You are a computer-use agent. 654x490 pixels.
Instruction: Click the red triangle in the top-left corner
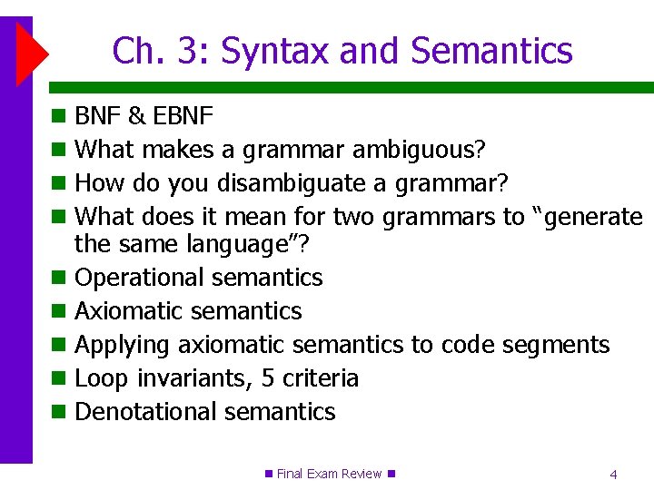pos(29,54)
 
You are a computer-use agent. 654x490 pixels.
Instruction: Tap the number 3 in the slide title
pos(187,51)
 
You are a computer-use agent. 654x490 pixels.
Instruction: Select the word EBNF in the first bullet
pos(183,116)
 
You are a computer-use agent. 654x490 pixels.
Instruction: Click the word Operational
pos(141,278)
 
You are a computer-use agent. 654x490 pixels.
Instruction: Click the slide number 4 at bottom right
pos(614,474)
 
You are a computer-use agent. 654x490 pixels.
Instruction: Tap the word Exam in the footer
pos(322,474)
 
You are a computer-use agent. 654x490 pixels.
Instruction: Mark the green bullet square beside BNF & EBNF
pos(59,117)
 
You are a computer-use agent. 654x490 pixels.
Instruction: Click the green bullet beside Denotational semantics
pos(59,413)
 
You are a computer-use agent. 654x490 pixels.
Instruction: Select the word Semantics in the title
pos(491,51)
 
